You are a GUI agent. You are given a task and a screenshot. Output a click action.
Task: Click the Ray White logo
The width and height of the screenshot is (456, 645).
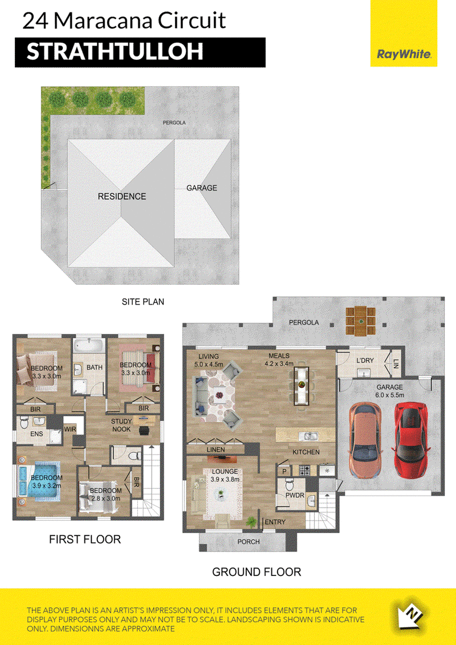tap(404, 54)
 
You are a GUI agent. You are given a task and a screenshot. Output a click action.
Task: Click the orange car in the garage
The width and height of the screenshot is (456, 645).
tap(365, 439)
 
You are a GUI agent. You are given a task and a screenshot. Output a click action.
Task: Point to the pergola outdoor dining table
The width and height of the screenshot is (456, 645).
tap(361, 322)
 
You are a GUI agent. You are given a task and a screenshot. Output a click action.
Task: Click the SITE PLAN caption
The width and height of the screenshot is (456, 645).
tap(142, 302)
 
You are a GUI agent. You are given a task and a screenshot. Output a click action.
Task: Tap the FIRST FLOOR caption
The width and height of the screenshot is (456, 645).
tap(85, 539)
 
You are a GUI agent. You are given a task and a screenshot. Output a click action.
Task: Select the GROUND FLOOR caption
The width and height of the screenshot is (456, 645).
tap(256, 572)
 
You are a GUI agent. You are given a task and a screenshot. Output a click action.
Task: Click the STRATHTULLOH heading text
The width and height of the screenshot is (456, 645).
tap(115, 52)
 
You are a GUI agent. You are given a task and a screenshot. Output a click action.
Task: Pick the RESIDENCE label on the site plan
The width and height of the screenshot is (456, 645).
tap(122, 196)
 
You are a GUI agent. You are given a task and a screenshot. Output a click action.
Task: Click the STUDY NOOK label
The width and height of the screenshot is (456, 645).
tap(121, 425)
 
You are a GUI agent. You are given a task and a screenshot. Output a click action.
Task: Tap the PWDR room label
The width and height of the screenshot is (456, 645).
tap(295, 495)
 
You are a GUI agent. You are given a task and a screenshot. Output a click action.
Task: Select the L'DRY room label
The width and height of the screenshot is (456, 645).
tap(365, 360)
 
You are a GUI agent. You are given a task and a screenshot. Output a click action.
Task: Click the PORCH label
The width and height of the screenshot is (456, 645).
tap(249, 542)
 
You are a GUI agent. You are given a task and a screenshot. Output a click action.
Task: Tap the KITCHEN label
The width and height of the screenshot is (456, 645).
tap(306, 452)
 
